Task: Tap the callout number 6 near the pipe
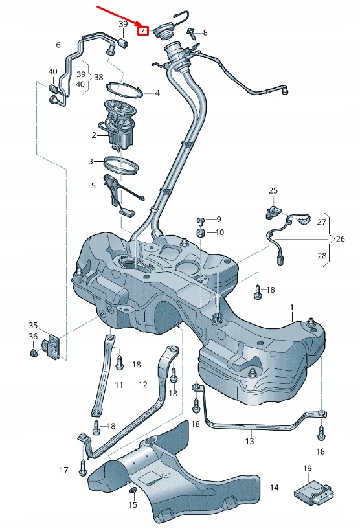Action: [x=58, y=45]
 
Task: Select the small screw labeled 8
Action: [x=192, y=30]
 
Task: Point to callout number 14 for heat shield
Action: [x=274, y=488]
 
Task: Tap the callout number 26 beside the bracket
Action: [x=340, y=239]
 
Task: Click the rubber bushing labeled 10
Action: [x=201, y=232]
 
